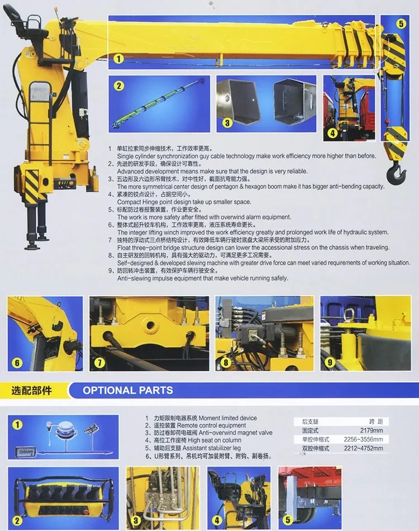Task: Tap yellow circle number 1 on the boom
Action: coord(118,58)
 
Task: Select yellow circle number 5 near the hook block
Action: coord(401,23)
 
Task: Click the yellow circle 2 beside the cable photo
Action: coord(118,86)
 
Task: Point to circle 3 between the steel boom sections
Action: coord(227,122)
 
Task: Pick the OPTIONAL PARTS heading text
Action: coord(128,390)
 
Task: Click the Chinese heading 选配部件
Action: coord(31,390)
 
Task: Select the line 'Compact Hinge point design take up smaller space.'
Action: coord(184,202)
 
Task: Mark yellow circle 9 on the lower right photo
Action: coord(330,362)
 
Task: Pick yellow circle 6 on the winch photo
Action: coord(17,363)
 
